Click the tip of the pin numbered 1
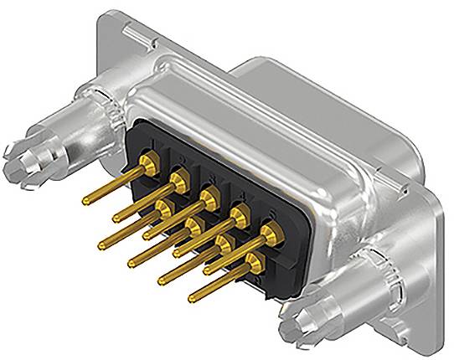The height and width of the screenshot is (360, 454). coord(85,200)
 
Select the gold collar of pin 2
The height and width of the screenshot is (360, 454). coord(178,177)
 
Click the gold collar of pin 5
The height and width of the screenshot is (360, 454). coord(270,231)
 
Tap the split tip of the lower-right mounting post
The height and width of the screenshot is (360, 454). coord(301,330)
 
